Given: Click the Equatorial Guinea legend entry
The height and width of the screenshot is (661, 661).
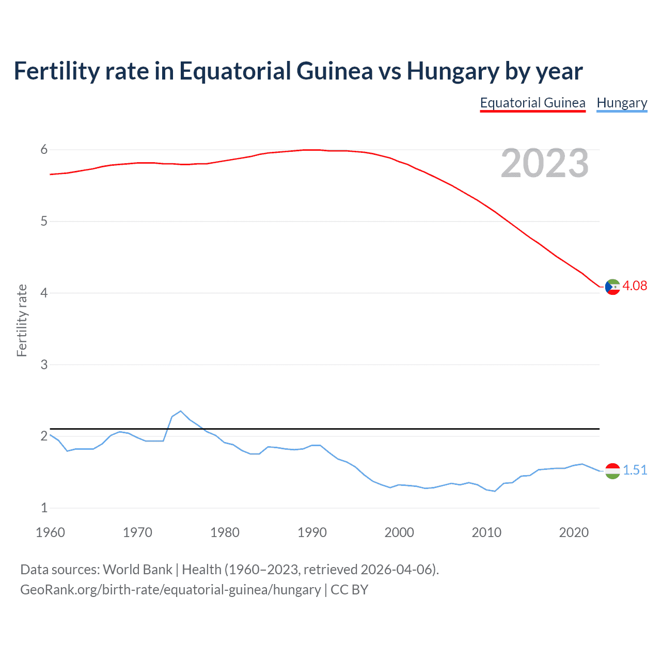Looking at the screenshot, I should tap(532, 103).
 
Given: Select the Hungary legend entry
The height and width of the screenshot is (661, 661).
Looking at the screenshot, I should tap(622, 103).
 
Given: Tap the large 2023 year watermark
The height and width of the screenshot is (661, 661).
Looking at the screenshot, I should tap(545, 163).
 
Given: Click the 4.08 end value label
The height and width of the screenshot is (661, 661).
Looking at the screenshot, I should tap(635, 286).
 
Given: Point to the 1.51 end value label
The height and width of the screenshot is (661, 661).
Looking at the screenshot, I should tap(635, 470).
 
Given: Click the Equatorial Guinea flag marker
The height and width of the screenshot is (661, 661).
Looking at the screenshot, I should tap(612, 287).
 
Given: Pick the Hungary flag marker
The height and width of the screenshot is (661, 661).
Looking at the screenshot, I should tap(612, 470).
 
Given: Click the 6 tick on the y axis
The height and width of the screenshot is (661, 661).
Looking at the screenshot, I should tap(44, 150).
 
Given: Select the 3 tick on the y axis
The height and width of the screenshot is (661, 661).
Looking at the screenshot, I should tap(44, 365).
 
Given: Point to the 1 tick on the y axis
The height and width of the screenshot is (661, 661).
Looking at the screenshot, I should tap(44, 508).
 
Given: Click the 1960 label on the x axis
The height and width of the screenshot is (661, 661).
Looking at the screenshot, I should tap(50, 532).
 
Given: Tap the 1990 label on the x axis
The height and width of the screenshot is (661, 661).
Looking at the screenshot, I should tap(312, 532).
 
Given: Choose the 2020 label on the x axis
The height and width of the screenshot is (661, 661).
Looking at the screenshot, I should tap(574, 532).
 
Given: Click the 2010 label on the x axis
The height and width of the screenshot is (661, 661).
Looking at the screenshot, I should tap(486, 532).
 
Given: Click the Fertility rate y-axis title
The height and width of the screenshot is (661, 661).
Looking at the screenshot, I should tap(22, 320).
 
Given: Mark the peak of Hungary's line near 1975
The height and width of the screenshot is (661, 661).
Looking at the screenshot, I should tap(180, 411).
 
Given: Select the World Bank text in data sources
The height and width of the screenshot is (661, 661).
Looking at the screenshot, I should tap(137, 570).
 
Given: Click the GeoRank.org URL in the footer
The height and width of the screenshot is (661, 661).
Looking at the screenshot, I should tap(170, 590).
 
